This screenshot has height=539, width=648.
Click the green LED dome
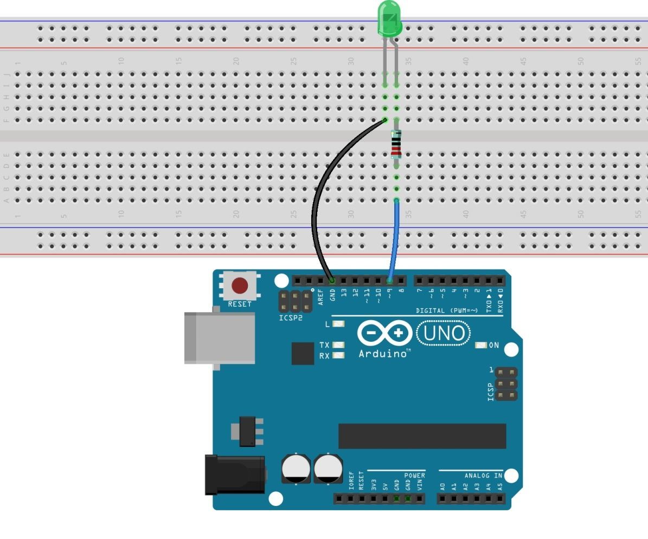(x=389, y=20)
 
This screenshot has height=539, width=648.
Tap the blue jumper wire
(x=393, y=244)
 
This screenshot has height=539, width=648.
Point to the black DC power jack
(x=234, y=475)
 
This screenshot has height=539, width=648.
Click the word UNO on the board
(x=443, y=333)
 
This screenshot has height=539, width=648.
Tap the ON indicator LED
(x=481, y=345)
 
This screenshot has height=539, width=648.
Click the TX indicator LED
(x=338, y=345)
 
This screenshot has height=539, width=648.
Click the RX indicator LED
(x=338, y=356)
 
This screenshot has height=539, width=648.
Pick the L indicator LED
(x=338, y=324)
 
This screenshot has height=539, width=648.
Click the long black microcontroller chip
(x=422, y=436)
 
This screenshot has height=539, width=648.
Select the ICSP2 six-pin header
(x=295, y=302)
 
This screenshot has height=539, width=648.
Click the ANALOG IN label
(x=483, y=476)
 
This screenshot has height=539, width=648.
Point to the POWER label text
(x=414, y=476)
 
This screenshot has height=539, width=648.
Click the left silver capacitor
(x=296, y=469)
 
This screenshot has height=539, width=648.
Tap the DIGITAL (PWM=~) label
(x=447, y=311)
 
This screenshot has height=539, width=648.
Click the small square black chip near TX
(x=303, y=353)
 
